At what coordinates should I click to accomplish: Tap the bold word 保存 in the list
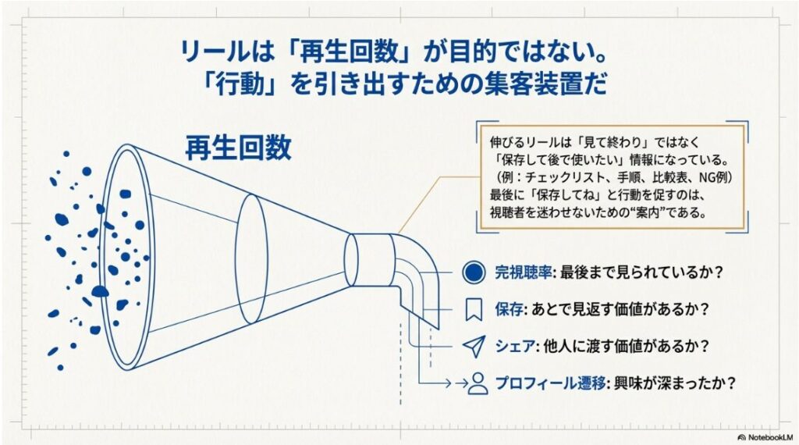[x=508, y=310]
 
